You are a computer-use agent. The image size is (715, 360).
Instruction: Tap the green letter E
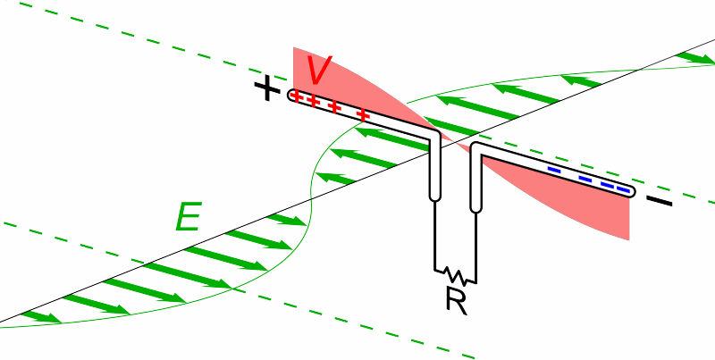coord(188,217)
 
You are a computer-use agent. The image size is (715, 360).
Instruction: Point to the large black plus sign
coord(266,89)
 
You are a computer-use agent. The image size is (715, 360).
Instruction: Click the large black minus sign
coord(659,203)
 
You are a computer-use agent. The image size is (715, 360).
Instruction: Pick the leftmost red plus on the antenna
coord(299,97)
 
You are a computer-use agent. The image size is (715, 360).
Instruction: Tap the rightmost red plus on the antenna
coord(363,115)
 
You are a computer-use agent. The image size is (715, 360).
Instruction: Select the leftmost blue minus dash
coord(554,169)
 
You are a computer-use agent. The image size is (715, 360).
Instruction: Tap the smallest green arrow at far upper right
coord(692,59)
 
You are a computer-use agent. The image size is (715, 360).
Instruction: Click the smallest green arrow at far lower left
coord(39,316)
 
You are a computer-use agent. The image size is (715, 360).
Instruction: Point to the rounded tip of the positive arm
coord(292,94)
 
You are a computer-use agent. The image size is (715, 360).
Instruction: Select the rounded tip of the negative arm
coord(631,192)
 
